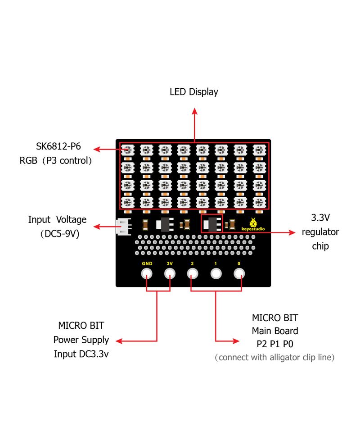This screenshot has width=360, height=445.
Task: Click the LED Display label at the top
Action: (193, 92)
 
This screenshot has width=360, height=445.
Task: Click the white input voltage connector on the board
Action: (122, 226)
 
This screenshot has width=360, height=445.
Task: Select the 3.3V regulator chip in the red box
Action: (211, 223)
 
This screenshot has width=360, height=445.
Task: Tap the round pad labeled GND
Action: (147, 273)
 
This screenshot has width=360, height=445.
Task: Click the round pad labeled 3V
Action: (170, 273)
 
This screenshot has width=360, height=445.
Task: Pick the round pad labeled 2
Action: (193, 273)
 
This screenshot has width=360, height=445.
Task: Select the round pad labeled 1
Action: (216, 273)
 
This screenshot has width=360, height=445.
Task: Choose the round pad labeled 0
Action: (239, 273)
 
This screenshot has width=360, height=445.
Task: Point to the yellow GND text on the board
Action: (147, 263)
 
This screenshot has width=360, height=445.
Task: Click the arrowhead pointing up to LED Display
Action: (194, 111)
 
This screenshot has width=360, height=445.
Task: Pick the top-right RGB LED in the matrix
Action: (259, 149)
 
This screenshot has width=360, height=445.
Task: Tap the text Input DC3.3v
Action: (81, 354)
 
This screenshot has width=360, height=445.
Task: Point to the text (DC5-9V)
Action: (57, 234)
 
